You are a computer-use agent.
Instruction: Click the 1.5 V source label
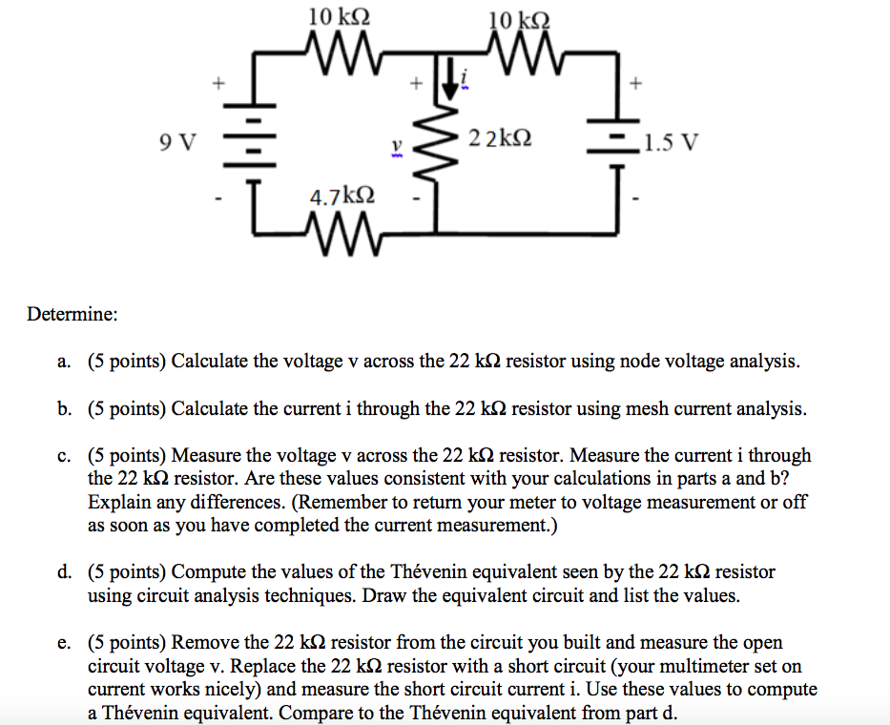pyautogui.click(x=672, y=144)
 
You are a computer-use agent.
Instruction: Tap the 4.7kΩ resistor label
pyautogui.click(x=342, y=197)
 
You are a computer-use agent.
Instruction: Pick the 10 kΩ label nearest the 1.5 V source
pyautogui.click(x=518, y=20)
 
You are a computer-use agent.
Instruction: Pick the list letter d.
pyautogui.click(x=63, y=572)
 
